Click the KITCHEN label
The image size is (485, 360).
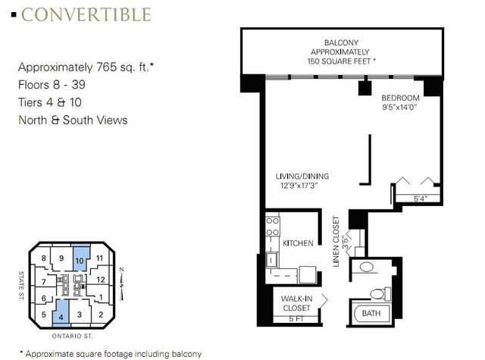tap(297, 245)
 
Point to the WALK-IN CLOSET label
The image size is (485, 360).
tap(297, 302)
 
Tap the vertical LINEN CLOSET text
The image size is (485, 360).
tap(335, 238)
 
